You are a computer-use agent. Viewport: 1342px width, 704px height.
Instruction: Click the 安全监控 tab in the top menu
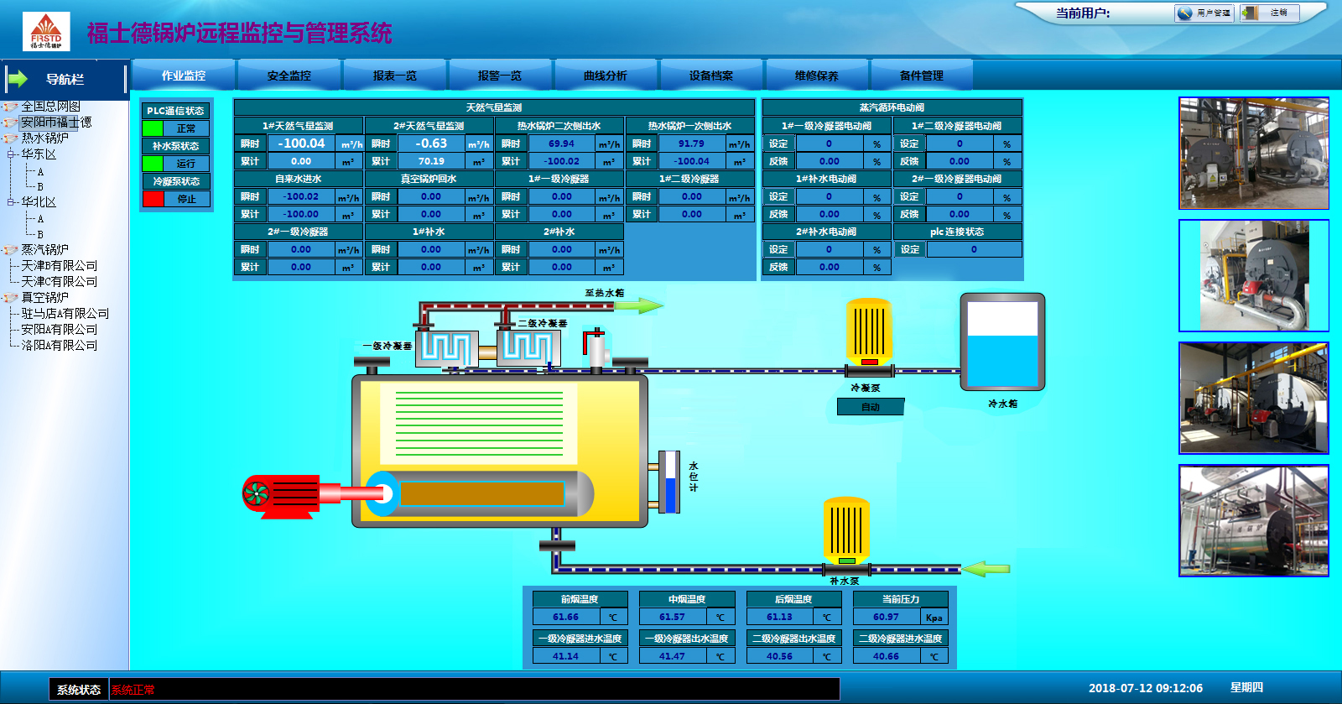coord(289,76)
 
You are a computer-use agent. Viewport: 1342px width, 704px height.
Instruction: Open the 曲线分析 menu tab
coord(605,76)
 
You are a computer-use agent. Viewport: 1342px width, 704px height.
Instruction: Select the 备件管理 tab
coord(921,76)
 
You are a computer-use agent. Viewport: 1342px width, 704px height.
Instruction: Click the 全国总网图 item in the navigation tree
coord(50,107)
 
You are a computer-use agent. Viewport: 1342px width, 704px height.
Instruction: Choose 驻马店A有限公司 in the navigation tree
coord(65,314)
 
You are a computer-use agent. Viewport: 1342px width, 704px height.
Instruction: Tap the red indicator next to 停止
coord(153,199)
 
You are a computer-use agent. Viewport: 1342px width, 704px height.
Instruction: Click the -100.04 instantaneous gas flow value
coord(301,143)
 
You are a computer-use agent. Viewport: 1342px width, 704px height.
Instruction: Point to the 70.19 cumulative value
coord(431,161)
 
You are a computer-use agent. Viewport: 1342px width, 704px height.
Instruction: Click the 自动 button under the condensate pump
coord(871,407)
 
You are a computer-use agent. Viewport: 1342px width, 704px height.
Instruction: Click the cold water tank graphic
coord(1002,342)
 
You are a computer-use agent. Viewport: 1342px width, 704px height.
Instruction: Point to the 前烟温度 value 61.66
coord(565,617)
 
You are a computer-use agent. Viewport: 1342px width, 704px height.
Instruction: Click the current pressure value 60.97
coord(886,617)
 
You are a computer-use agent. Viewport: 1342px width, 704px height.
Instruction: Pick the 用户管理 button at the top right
coord(1204,13)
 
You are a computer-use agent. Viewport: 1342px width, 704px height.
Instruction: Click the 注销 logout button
coord(1270,13)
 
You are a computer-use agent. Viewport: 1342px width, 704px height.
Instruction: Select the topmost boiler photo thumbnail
coord(1254,153)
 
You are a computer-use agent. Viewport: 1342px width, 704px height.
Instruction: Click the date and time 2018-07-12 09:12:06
coord(1145,688)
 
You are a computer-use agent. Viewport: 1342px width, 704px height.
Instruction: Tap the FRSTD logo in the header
coord(46,31)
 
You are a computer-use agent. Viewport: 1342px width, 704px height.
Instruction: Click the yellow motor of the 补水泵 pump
coord(845,529)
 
